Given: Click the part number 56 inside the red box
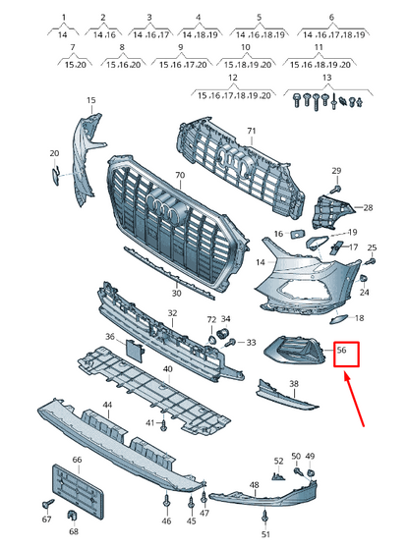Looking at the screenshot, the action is [x=341, y=350].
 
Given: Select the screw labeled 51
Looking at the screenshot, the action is [x=264, y=518].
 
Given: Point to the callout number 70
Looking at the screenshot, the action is [x=180, y=175].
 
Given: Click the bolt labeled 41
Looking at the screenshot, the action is [x=163, y=425].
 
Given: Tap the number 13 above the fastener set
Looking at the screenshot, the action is [x=326, y=77].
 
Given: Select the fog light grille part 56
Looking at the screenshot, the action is [x=295, y=351].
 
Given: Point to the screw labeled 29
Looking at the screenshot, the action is [x=336, y=190].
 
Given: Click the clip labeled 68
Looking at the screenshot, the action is [x=72, y=516].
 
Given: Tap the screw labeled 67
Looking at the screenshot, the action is [x=47, y=504].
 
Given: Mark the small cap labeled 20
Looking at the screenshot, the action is [x=55, y=175].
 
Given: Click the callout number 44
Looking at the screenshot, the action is [x=107, y=405].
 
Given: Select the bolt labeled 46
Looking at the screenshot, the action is [x=167, y=503].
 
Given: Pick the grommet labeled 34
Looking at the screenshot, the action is [x=223, y=333].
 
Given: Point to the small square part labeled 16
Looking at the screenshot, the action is [x=297, y=234].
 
